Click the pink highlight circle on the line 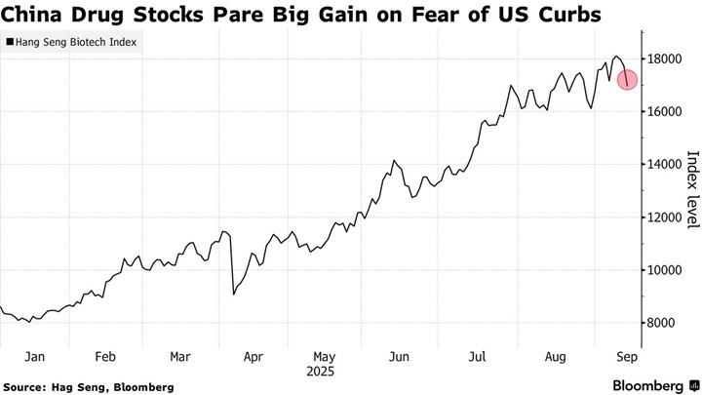[627, 79]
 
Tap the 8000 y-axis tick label [663, 323]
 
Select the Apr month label [253, 356]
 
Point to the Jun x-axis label [400, 356]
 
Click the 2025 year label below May [325, 372]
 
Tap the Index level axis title [692, 190]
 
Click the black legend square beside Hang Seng [10, 43]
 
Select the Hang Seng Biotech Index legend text [76, 43]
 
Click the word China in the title [33, 15]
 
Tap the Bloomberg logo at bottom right [647, 383]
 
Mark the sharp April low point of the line [233, 294]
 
